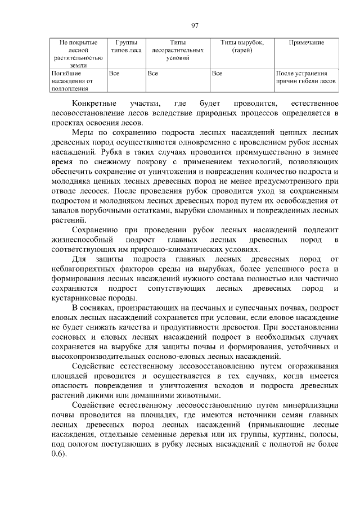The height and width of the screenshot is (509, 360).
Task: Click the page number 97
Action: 195,25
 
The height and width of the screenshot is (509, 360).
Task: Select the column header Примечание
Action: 306,42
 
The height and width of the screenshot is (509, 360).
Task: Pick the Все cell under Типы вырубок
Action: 218,73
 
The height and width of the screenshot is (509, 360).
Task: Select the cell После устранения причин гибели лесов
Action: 306,77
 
